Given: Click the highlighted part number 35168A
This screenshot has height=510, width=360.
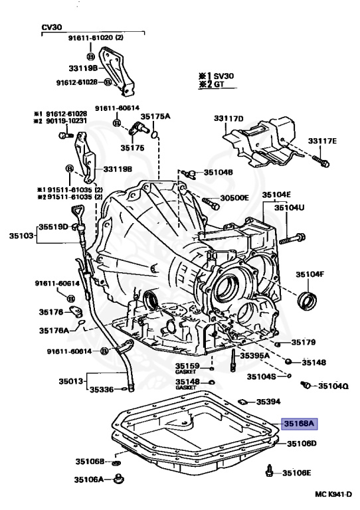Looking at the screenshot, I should point(300,422).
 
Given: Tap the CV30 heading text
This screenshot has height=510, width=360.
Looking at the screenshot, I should point(52,27).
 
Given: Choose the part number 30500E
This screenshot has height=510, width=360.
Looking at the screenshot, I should point(234,198).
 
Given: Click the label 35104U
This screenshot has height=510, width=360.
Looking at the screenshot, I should point(291,208).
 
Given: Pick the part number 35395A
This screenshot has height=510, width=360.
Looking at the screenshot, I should point(254,356).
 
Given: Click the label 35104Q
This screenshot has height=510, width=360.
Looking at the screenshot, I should point(333,385).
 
